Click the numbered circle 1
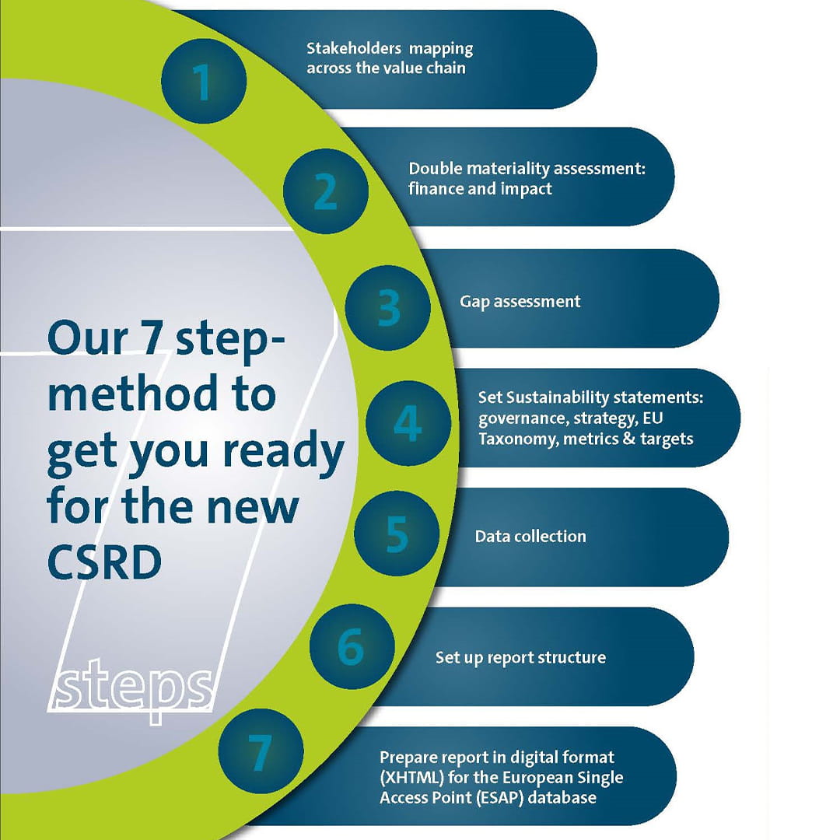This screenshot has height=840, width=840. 204,81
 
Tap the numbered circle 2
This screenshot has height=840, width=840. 325,192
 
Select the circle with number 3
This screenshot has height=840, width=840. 388,308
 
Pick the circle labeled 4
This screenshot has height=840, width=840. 408,423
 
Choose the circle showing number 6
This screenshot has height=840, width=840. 351,647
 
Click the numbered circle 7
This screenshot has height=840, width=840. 259,752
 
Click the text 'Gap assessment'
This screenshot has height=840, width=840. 520,302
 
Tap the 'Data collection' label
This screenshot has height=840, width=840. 530,537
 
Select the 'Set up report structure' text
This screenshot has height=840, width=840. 520,658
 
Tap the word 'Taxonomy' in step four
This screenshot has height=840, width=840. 509,439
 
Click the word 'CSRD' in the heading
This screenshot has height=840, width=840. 103,562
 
